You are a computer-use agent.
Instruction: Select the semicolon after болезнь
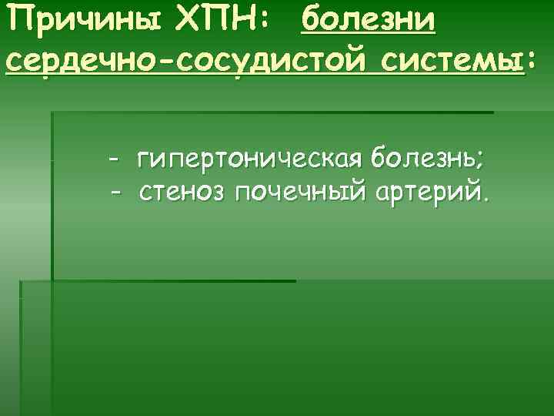(x=480, y=163)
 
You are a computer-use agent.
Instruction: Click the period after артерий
(x=484, y=197)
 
